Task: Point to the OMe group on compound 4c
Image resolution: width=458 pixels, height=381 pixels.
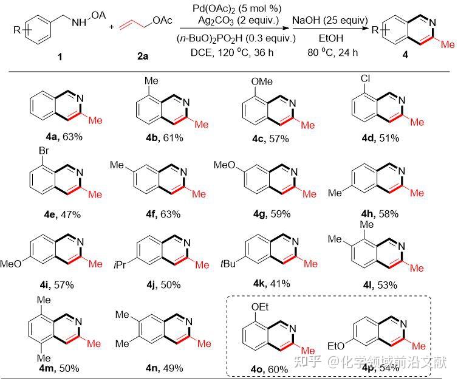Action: (263, 81)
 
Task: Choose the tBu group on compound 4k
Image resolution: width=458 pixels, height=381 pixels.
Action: (227, 266)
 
